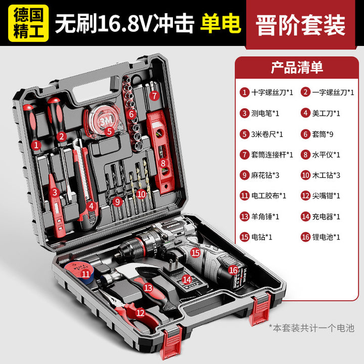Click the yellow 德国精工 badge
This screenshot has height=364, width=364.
(x=28, y=23)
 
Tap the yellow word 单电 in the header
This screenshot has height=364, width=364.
(x=220, y=23)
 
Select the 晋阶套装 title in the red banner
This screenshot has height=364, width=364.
(x=301, y=25)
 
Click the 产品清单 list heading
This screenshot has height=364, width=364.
(x=297, y=68)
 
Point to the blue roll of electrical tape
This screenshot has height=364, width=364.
(x=79, y=273)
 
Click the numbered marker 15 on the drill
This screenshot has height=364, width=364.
(x=196, y=252)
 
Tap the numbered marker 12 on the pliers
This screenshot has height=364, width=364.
(x=140, y=313)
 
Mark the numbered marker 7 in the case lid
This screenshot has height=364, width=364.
(x=154, y=96)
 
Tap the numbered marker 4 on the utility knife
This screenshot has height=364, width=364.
(x=91, y=206)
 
